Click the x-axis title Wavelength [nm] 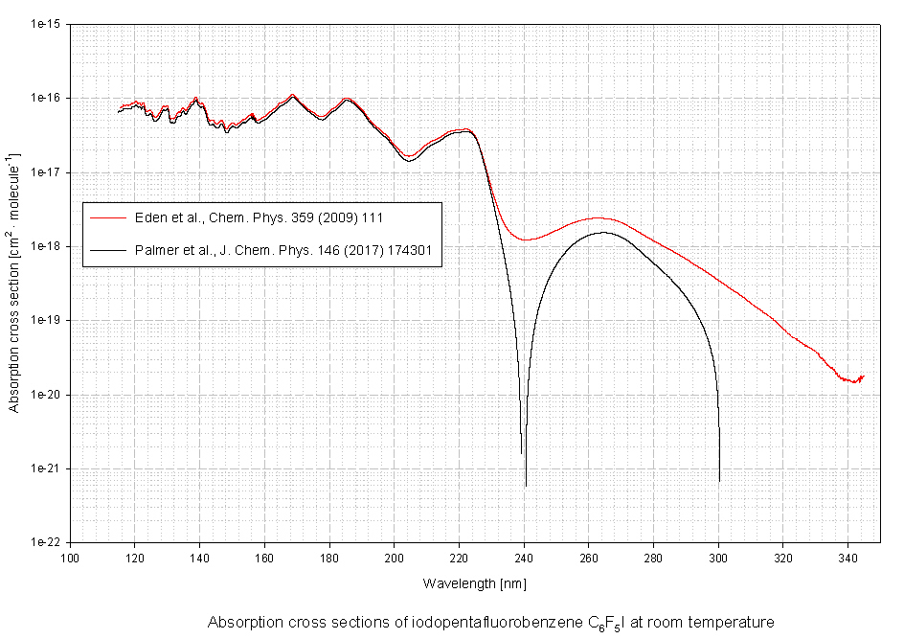click(474, 582)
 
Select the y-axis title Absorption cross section click(13, 283)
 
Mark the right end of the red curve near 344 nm click(863, 377)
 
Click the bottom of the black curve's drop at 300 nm click(719, 480)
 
